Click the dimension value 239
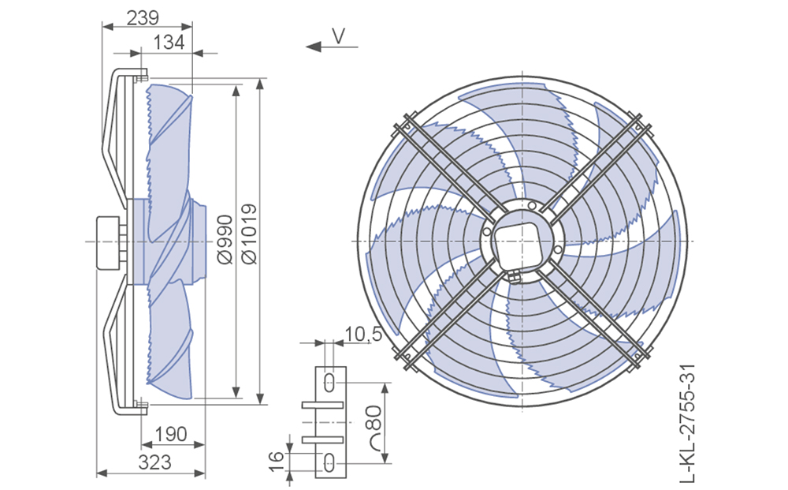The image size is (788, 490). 143,17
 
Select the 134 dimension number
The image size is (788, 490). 169,43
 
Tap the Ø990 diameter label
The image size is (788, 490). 225,239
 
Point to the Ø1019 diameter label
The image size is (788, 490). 249,234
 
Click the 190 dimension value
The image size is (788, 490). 171,434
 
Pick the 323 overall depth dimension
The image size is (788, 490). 154,462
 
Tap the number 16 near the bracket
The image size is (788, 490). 277,461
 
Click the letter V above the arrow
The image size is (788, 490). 339,36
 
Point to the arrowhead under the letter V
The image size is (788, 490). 314,47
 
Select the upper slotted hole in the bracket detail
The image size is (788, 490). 329,383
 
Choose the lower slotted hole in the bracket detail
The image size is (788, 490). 329,462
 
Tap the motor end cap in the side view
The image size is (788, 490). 107,242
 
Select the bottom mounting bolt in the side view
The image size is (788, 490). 141,406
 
